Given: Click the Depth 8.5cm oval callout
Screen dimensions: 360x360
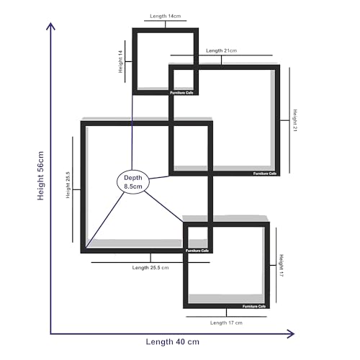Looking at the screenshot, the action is tap(133, 182).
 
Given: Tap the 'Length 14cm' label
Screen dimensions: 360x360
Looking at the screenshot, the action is tap(166, 16).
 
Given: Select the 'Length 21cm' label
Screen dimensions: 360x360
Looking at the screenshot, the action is tap(221, 50).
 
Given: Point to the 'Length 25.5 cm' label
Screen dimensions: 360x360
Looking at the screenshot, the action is tap(150, 268).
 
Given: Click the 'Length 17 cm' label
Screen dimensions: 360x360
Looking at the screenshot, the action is tap(226, 323).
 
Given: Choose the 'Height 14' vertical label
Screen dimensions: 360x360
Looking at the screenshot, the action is tap(120, 62).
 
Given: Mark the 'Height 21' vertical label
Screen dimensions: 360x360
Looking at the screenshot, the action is tap(295, 120).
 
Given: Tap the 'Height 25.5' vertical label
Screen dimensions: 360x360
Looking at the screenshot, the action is tap(68, 185).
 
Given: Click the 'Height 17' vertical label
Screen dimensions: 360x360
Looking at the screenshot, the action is tap(282, 266).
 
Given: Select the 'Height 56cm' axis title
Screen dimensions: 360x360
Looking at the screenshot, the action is tap(40, 176).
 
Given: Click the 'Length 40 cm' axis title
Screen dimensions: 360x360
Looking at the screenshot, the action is tap(173, 342).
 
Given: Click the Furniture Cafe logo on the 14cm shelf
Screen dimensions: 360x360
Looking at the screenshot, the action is tap(181, 93).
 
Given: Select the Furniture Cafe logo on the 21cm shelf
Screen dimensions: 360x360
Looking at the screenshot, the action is tap(265, 174).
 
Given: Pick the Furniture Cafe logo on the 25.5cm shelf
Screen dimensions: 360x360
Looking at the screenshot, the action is tap(197, 251).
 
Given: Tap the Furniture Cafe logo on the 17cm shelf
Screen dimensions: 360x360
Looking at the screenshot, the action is tap(254, 307).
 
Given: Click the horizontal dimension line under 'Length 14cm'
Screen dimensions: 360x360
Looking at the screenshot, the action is tap(166, 21).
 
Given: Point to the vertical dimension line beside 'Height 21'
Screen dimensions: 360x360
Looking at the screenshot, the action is tap(289, 120).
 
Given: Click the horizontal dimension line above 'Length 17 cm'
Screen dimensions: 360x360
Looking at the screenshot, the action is tap(226, 317).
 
